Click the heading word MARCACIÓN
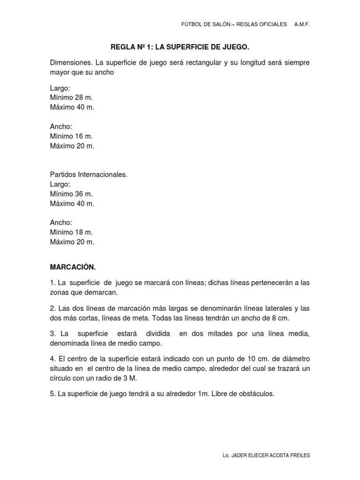pyautogui.click(x=73, y=267)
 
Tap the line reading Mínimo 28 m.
pyautogui.click(x=71, y=98)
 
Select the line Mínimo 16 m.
pyautogui.click(x=71, y=136)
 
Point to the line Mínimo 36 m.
pyautogui.click(x=71, y=194)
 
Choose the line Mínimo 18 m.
pyautogui.click(x=71, y=232)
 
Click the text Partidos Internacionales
pyautogui.click(x=89, y=174)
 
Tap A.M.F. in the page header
pyautogui.click(x=302, y=24)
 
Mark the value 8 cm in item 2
pyautogui.click(x=279, y=318)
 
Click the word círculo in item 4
pyautogui.click(x=60, y=378)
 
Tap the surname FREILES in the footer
pyautogui.click(x=299, y=456)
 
